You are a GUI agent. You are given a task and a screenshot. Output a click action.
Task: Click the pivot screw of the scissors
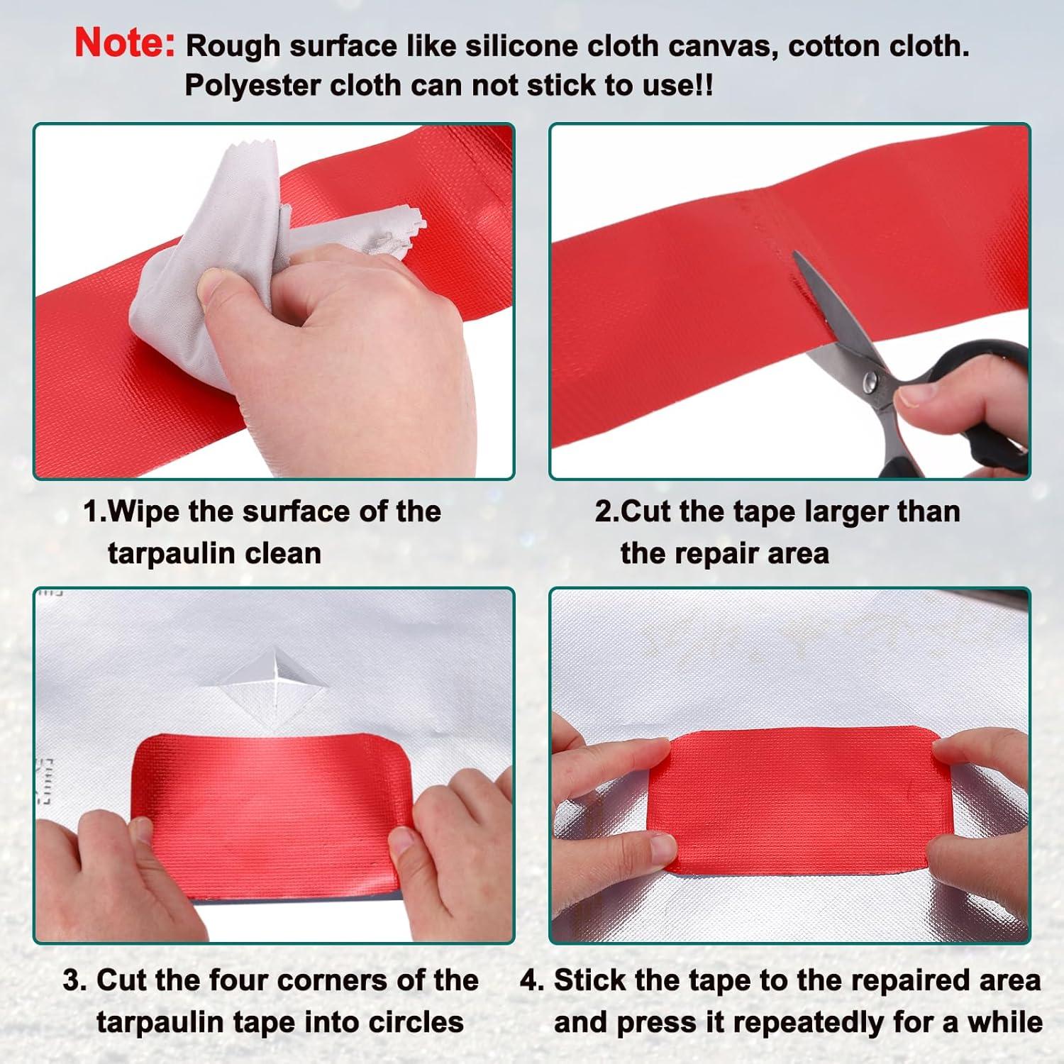coord(867,384)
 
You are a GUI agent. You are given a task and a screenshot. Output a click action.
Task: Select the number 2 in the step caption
coord(602,511)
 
